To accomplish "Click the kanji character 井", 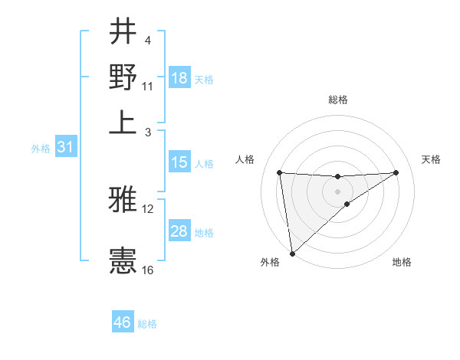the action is pyautogui.click(x=123, y=32).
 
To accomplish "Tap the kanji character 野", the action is pyautogui.click(x=123, y=77).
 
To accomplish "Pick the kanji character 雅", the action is pyautogui.click(x=123, y=201).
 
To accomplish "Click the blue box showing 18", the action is pyautogui.click(x=179, y=78).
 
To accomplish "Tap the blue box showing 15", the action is pyautogui.click(x=179, y=162).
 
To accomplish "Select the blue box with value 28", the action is pyautogui.click(x=179, y=231).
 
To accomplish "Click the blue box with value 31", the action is pyautogui.click(x=65, y=148).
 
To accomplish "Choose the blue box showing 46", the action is pyautogui.click(x=123, y=322).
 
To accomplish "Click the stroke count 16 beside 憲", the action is pyautogui.click(x=148, y=270).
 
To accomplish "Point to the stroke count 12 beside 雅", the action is pyautogui.click(x=148, y=208).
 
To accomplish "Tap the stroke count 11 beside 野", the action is pyautogui.click(x=148, y=86).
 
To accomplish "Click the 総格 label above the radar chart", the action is pyautogui.click(x=338, y=100).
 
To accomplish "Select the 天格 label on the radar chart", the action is pyautogui.click(x=432, y=159).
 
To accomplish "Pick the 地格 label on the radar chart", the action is pyautogui.click(x=402, y=262).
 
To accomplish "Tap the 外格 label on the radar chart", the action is pyautogui.click(x=270, y=262).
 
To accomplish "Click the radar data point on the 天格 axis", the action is pyautogui.click(x=396, y=172).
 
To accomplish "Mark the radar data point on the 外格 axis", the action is pyautogui.click(x=292, y=254).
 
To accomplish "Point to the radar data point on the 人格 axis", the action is pyautogui.click(x=280, y=172).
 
